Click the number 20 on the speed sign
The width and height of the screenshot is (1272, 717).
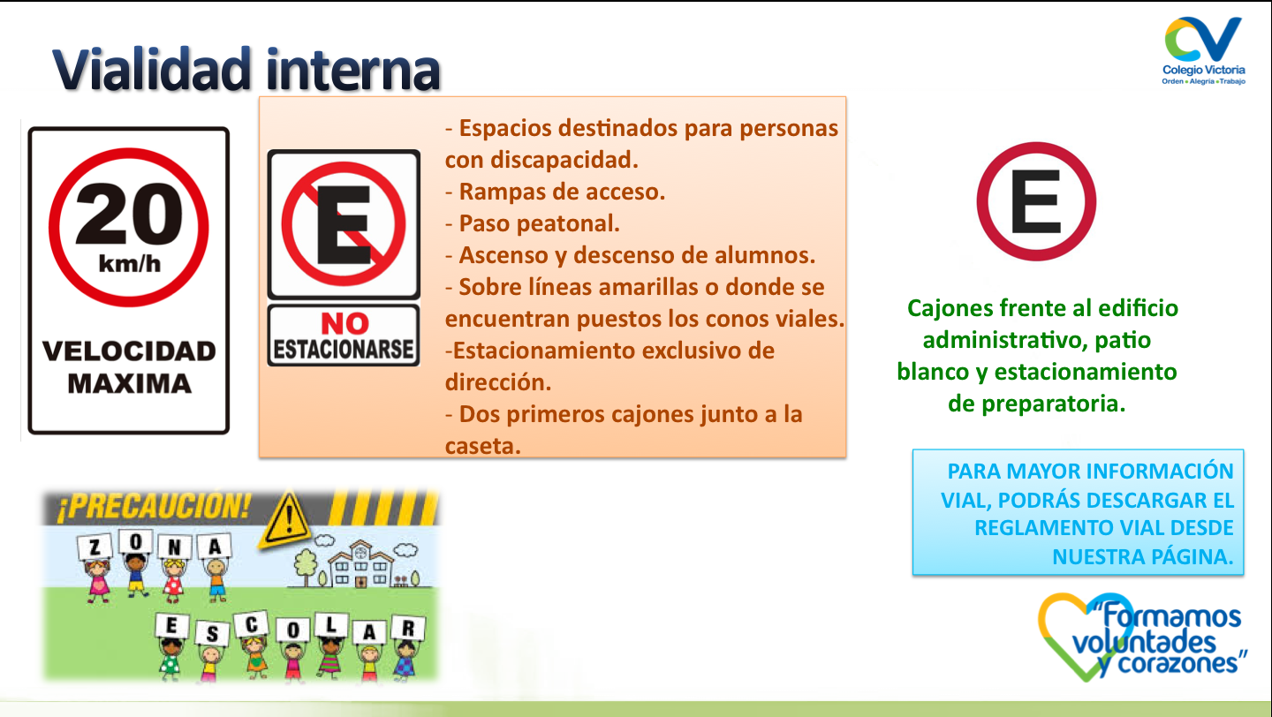(129, 214)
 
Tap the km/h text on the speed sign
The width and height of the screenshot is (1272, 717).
(130, 263)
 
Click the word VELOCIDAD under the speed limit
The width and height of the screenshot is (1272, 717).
(129, 351)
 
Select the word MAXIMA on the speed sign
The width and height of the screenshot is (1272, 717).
(130, 384)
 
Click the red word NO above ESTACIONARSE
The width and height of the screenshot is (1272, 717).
(344, 323)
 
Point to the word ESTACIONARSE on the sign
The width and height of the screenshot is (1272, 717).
(344, 349)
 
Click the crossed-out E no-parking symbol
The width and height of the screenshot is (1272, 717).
(344, 223)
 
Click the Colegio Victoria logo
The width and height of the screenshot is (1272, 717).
(1203, 50)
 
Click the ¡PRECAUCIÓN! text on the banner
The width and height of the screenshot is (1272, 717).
(154, 506)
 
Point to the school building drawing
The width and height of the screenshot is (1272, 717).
(360, 564)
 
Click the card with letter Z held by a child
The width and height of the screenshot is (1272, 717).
(95, 547)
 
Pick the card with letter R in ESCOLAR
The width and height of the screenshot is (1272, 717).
(408, 628)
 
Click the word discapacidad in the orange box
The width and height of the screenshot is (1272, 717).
(564, 160)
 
